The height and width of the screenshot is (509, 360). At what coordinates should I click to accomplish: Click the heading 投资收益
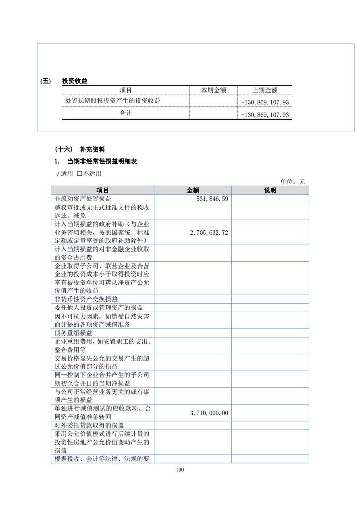[x=75, y=81]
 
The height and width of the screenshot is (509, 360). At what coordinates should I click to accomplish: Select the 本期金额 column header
[x=213, y=90]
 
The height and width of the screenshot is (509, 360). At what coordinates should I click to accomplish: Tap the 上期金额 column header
[x=264, y=90]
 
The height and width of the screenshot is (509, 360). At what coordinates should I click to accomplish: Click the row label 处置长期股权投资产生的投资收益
[x=113, y=100]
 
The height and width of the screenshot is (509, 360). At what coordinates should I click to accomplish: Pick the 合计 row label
[x=126, y=113]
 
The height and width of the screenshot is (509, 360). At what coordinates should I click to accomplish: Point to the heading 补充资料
[x=92, y=150]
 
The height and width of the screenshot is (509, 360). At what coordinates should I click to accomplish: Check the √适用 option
[x=64, y=174]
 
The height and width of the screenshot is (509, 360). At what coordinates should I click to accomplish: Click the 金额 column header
[x=193, y=190]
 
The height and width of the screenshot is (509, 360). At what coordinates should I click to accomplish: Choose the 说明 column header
[x=270, y=190]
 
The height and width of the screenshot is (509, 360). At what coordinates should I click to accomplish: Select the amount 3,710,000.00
[x=209, y=413]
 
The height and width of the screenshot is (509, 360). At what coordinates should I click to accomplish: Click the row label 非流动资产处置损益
[x=83, y=199]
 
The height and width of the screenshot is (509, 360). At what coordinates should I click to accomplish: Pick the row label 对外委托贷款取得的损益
[x=89, y=426]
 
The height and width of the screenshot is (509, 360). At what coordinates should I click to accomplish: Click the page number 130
[x=180, y=470]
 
